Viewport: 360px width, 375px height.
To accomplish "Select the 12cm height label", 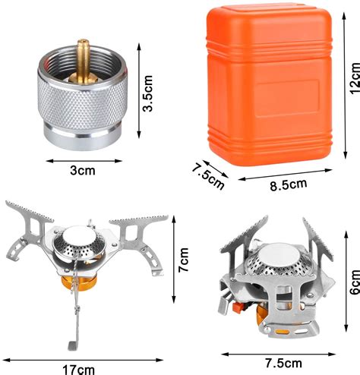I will tap(349, 79).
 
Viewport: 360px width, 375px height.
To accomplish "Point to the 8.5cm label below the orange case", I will tap(286, 183).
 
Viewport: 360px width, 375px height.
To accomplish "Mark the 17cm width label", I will tap(79, 368).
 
